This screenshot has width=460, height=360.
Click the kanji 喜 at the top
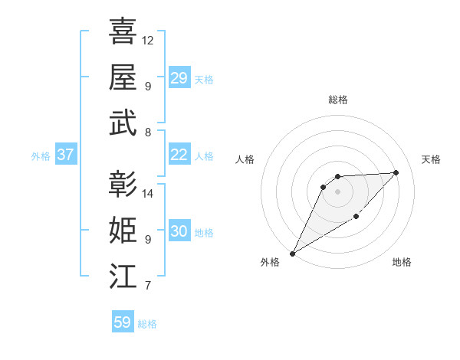pos(123,31)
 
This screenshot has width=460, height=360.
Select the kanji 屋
pos(123,77)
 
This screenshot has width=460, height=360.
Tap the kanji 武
pos(123,123)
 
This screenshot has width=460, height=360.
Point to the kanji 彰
pos(123,185)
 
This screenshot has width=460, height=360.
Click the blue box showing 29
pos(179,78)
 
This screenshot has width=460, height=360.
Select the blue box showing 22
pos(179,155)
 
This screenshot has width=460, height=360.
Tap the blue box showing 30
pos(179,231)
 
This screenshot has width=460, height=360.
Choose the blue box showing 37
pos(66,155)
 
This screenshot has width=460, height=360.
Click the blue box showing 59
pos(123,322)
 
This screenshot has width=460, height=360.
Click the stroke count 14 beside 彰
pos(148,193)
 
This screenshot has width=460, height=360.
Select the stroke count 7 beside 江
pos(147,286)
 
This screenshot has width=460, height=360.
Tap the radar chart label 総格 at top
pos(338,100)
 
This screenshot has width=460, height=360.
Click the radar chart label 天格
pos(432,159)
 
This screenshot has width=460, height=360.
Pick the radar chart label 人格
pos(245,159)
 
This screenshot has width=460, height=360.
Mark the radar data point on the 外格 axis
pos(292,253)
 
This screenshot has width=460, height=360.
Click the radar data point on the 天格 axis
pos(396,172)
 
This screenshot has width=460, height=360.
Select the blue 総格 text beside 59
pos(147,324)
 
